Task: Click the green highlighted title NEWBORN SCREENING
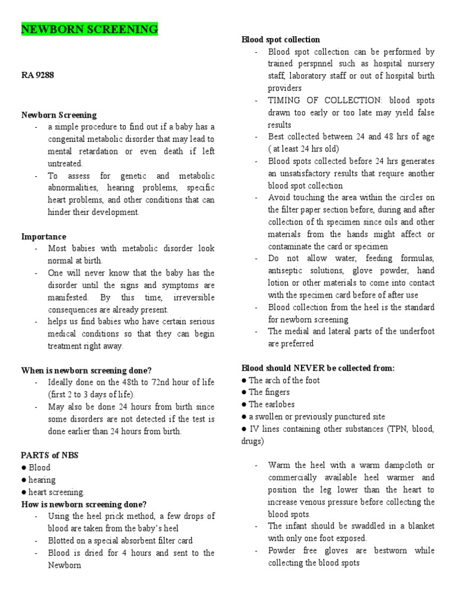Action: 90,29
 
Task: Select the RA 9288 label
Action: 39,75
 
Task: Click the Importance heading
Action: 44,236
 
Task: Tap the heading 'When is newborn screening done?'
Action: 86,370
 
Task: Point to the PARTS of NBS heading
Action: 50,455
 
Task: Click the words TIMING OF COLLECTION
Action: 315,100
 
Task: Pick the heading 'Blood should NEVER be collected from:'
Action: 318,368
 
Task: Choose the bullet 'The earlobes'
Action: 271,404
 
